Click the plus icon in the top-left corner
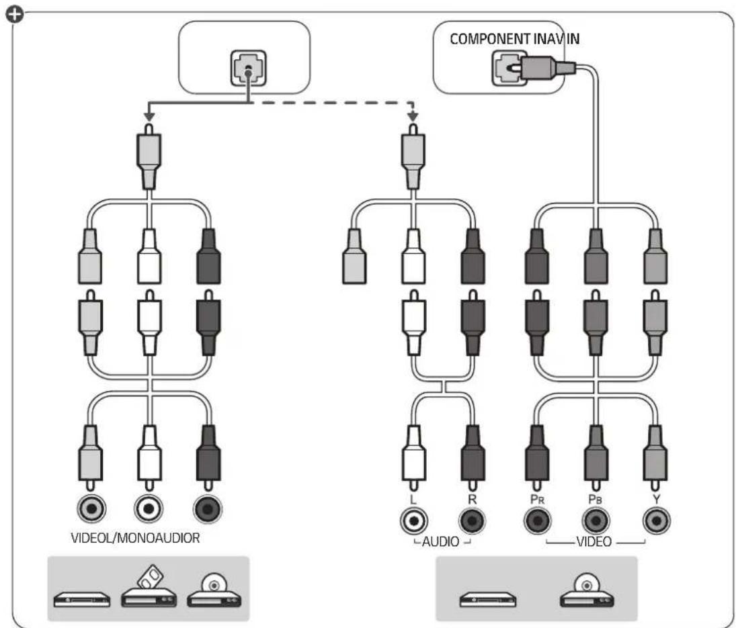15,15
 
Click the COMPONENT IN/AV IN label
514,38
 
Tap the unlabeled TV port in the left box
249,69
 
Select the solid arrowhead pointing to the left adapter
149,116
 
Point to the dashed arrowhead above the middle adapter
413,116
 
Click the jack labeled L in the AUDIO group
414,521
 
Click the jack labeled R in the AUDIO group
473,521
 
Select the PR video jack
538,521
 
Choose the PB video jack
596,521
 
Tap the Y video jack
656,521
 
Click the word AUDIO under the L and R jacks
440,542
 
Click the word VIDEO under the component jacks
594,542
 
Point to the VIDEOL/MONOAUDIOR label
135,537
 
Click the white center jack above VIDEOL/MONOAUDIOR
149,508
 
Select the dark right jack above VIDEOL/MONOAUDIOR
208,508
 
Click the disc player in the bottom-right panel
587,590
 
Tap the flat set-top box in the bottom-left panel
82,600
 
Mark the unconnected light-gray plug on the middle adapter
354,257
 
